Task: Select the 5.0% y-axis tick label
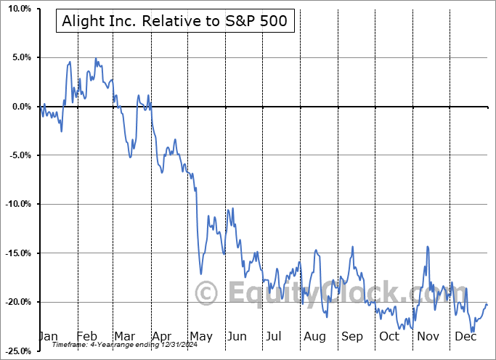coord(18,57)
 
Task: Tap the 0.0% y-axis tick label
coord(18,107)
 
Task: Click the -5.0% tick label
coord(17,155)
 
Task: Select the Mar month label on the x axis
coord(125,336)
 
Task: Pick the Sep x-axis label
coord(351,336)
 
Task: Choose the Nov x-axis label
coord(428,336)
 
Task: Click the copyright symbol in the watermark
coord(207,294)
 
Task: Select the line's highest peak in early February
coord(95,58)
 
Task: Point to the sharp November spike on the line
coord(428,247)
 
